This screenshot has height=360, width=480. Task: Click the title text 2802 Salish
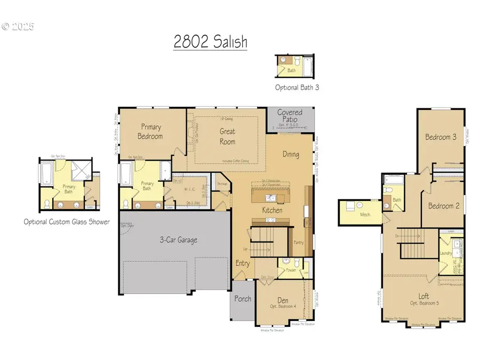(210, 42)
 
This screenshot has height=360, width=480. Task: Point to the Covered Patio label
(290, 116)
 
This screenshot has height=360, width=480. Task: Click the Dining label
(291, 155)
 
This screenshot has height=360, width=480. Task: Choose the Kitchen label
(272, 210)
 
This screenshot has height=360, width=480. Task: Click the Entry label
(243, 263)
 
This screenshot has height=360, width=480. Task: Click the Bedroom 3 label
(441, 137)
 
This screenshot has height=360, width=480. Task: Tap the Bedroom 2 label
(442, 206)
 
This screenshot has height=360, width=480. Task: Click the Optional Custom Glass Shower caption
(67, 222)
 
